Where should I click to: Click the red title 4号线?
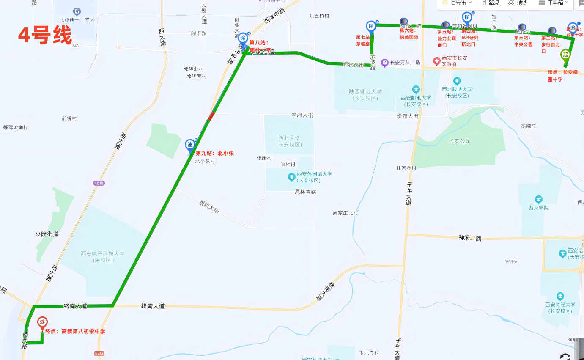(45, 35)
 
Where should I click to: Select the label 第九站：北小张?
(214, 153)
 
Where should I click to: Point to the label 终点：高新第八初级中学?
(75, 331)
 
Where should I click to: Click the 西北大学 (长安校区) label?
(289, 141)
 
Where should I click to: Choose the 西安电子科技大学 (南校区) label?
(103, 257)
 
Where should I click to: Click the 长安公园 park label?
(460, 141)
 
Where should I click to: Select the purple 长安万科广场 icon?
(385, 63)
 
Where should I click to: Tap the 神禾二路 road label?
(470, 238)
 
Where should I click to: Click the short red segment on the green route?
(212, 116)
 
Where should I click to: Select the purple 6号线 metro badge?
(99, 183)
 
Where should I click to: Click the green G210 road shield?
(99, 353)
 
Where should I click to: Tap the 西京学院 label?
(538, 208)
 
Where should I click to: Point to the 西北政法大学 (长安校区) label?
(457, 92)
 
